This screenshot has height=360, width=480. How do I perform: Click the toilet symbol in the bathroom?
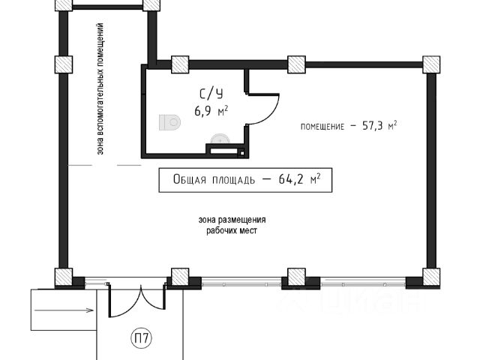click(x=170, y=122)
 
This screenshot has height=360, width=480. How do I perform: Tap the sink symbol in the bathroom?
click(x=220, y=139)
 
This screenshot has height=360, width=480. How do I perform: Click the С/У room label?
click(x=211, y=94)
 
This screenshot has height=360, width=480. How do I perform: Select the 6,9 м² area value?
click(x=211, y=111)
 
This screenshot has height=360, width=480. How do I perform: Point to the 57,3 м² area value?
click(x=379, y=125)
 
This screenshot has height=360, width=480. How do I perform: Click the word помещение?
click(x=322, y=127)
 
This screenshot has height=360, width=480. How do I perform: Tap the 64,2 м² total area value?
click(x=300, y=179)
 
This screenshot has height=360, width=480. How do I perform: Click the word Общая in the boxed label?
click(x=190, y=179)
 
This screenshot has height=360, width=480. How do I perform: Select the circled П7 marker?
click(x=142, y=338)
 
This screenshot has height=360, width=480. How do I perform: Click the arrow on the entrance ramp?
click(x=64, y=310)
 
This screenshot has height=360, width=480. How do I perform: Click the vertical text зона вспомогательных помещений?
click(x=100, y=88)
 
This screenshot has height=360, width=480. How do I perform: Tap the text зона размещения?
click(x=232, y=220)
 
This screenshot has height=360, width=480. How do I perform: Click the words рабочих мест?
click(x=232, y=230)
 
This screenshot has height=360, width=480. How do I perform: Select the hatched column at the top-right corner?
click(x=431, y=64)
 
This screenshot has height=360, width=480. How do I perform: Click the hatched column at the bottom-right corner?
click(x=431, y=277)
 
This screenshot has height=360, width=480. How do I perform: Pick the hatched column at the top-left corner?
click(x=64, y=4)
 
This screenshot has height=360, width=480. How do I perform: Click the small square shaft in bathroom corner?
click(x=241, y=153)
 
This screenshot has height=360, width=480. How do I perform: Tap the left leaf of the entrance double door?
click(x=124, y=304)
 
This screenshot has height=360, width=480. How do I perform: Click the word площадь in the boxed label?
click(x=233, y=180)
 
